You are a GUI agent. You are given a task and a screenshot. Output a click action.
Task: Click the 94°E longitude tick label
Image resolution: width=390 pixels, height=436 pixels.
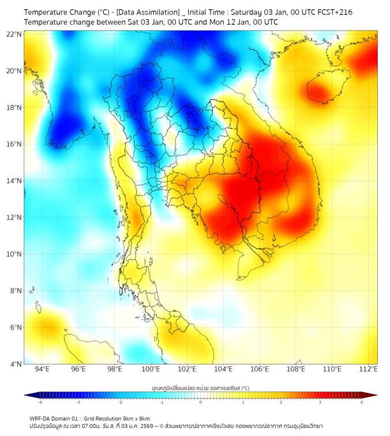click(42, 370)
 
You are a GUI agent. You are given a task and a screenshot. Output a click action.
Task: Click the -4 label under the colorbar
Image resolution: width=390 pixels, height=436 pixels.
click(39, 402)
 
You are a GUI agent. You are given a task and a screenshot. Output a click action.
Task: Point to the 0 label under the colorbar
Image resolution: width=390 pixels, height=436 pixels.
click(201, 402)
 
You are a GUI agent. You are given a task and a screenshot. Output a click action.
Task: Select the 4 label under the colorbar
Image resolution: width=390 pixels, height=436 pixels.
click(362, 402)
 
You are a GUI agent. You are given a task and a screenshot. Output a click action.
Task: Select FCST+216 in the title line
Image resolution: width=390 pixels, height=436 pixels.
click(335, 12)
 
